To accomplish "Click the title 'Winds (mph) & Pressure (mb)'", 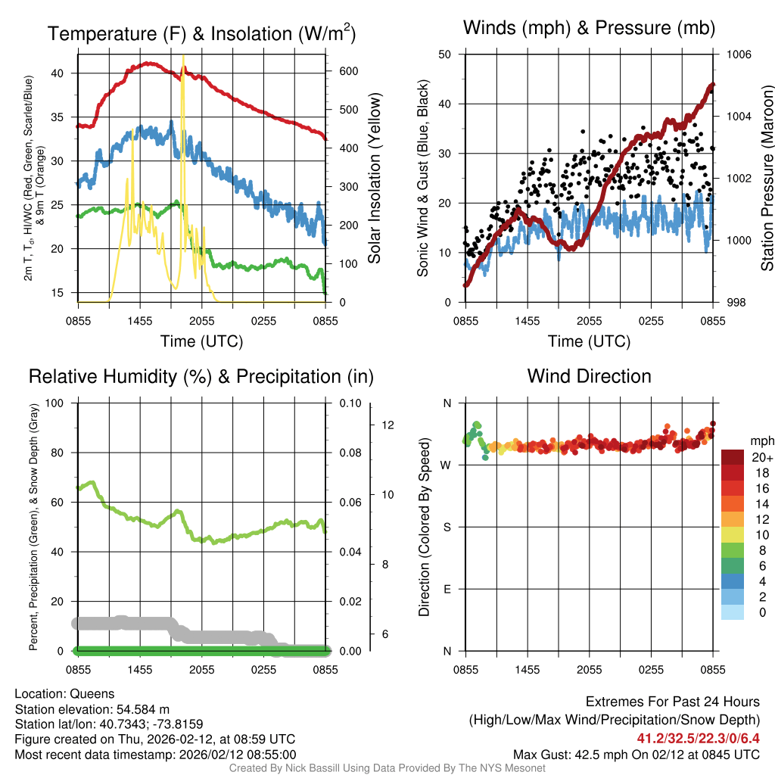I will (589, 29).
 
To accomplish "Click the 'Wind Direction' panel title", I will (589, 376).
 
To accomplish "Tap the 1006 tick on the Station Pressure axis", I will (739, 54).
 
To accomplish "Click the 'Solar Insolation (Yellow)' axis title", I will (375, 179).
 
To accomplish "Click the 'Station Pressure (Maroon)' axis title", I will (766, 179).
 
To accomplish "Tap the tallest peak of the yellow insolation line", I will (183, 56).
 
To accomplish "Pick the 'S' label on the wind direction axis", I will (447, 528).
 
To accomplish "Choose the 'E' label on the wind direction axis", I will (447, 590).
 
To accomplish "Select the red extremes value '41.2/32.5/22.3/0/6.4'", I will (697, 738).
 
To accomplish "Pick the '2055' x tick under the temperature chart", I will (202, 322).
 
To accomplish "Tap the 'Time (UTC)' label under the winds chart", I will (589, 341).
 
